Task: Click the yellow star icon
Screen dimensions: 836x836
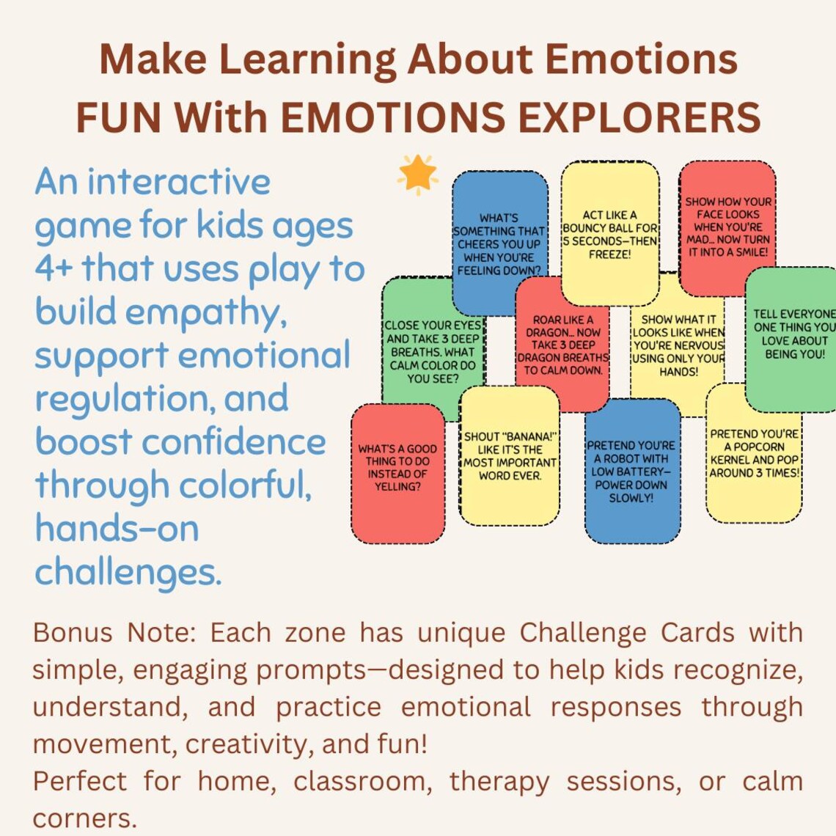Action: click(417, 175)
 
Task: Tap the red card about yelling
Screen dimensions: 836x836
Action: click(397, 473)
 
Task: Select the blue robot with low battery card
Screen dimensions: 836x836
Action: click(631, 472)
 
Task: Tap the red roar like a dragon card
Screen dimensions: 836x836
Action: click(562, 345)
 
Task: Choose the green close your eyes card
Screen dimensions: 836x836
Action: click(433, 352)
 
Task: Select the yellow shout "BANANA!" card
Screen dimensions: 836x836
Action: click(510, 455)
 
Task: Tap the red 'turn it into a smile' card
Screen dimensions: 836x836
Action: click(727, 227)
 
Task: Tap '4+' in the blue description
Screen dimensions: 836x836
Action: click(54, 269)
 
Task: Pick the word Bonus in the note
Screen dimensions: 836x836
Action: click(73, 632)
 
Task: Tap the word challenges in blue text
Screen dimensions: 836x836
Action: click(128, 572)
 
